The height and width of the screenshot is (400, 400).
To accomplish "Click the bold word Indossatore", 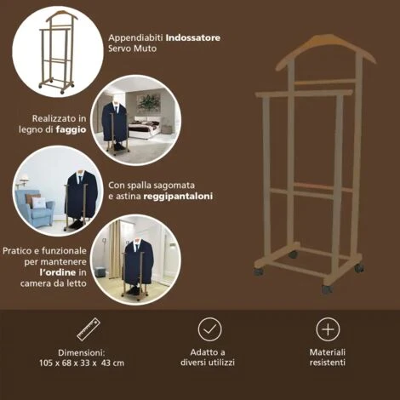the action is coord(193,37).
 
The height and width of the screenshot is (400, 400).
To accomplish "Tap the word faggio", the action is coord(71,130).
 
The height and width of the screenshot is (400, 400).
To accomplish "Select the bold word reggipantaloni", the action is coord(178,197).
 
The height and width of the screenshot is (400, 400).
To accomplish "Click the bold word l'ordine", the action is coord(58,272).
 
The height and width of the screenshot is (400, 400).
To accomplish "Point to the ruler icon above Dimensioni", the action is coord(89,329).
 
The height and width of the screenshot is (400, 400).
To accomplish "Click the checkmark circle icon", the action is coord(209,329).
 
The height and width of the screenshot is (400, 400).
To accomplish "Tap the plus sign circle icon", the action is coord(328,329).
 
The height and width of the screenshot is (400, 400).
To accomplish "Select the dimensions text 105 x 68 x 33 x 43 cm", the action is coord(82,363).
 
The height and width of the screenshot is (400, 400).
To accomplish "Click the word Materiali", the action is coord(328,352).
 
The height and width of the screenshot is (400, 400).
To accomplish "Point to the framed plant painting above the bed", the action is coord(148,102).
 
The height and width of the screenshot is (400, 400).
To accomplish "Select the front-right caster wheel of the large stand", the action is coord(327,289).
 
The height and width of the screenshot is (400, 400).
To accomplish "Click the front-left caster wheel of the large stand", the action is coord(259,271).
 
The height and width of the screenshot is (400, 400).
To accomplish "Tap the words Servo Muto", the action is coord(132,49).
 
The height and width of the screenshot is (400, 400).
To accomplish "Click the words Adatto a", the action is coord(208,352).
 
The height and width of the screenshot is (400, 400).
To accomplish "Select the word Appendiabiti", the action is coord(136,38).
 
